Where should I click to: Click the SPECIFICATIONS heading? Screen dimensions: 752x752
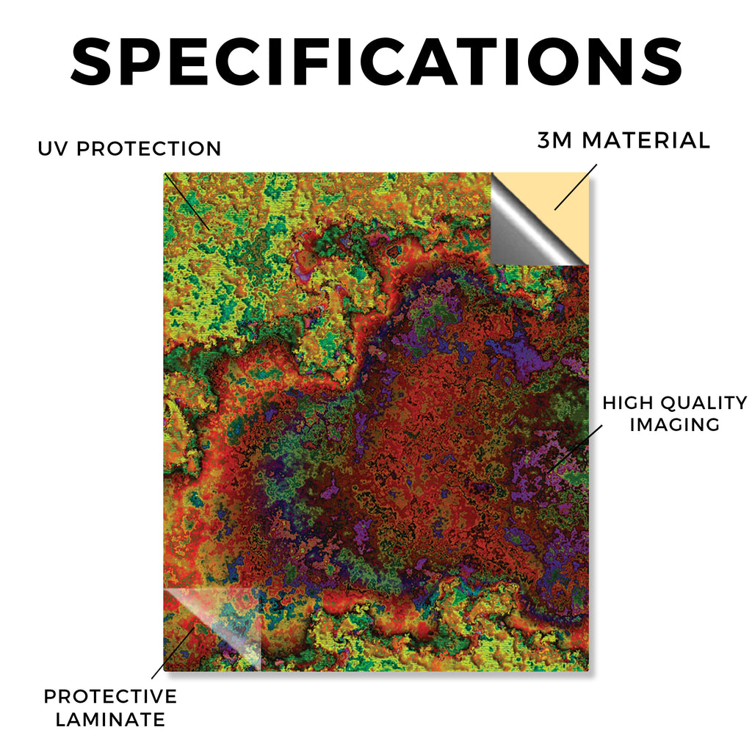click(377, 62)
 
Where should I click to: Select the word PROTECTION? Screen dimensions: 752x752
click(149, 148)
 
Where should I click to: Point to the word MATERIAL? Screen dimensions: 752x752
click(646, 140)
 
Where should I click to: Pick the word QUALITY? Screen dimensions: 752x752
click(704, 403)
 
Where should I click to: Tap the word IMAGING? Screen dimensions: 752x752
click(675, 424)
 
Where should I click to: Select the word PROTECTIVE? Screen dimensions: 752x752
click(110, 696)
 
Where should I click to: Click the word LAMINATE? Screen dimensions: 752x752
click(110, 720)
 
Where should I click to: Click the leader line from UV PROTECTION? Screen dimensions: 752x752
click(187, 201)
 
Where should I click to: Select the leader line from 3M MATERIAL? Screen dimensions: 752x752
click(576, 187)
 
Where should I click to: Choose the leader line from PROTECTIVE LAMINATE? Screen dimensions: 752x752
click(173, 653)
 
